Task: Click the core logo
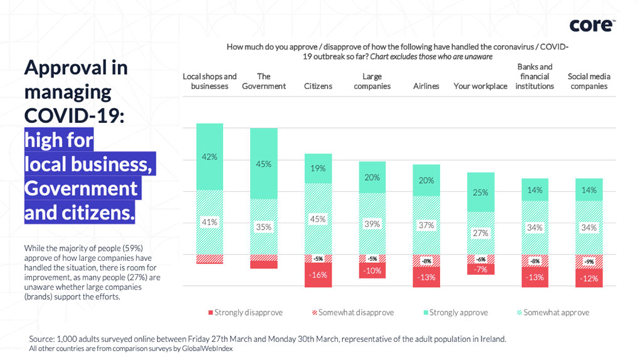coord(592,25)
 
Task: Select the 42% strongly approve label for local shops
coord(209,157)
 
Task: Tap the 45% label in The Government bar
coord(264,164)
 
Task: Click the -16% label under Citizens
coord(318,275)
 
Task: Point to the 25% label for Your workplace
coord(480,193)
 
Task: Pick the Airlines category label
coord(426,86)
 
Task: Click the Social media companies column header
coord(589,82)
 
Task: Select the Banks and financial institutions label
coord(535,77)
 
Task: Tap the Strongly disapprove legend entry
coord(245,312)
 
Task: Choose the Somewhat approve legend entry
coord(552,312)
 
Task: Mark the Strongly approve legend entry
coord(451,312)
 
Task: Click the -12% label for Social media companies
coord(589,278)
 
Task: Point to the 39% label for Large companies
coord(372,224)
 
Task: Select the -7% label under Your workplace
coord(480,269)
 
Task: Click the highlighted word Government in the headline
coord(81,188)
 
